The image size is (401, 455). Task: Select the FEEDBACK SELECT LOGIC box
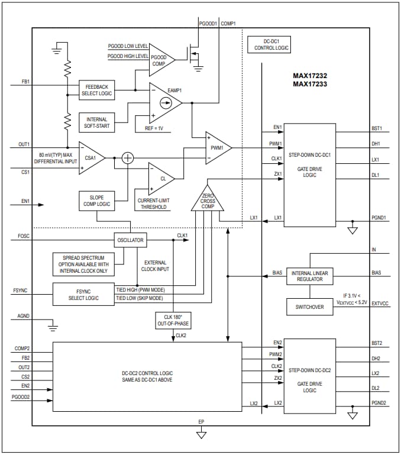click(97, 91)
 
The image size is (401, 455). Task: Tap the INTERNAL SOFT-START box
click(97, 123)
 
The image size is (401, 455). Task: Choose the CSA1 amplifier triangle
click(90, 158)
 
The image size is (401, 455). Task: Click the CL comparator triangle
click(161, 177)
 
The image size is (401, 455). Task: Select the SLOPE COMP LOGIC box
click(97, 200)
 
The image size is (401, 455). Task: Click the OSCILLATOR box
click(130, 240)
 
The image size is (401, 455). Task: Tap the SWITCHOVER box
click(311, 307)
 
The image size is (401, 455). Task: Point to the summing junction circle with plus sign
click(128, 158)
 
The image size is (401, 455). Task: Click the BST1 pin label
click(377, 128)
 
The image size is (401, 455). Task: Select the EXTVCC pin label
click(380, 303)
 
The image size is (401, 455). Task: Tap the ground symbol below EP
click(202, 434)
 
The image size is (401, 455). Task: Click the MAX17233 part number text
click(311, 84)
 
